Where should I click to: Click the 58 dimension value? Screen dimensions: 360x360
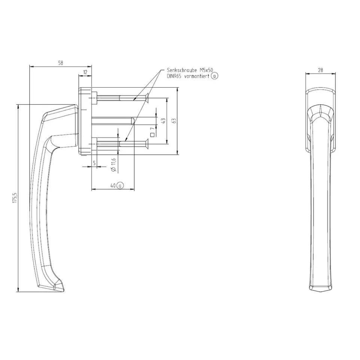(x=61, y=63)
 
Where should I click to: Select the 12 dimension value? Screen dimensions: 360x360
(x=85, y=72)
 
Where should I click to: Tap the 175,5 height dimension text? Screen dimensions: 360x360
(x=15, y=198)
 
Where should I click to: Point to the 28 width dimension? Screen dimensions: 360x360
(x=320, y=70)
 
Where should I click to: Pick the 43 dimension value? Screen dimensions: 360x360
(x=163, y=121)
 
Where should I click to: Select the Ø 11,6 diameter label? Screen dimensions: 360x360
(x=114, y=165)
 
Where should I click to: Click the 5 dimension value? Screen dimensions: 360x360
(x=94, y=163)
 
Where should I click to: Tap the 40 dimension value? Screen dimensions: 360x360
(x=113, y=186)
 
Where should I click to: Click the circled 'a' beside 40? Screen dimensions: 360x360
(x=120, y=185)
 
